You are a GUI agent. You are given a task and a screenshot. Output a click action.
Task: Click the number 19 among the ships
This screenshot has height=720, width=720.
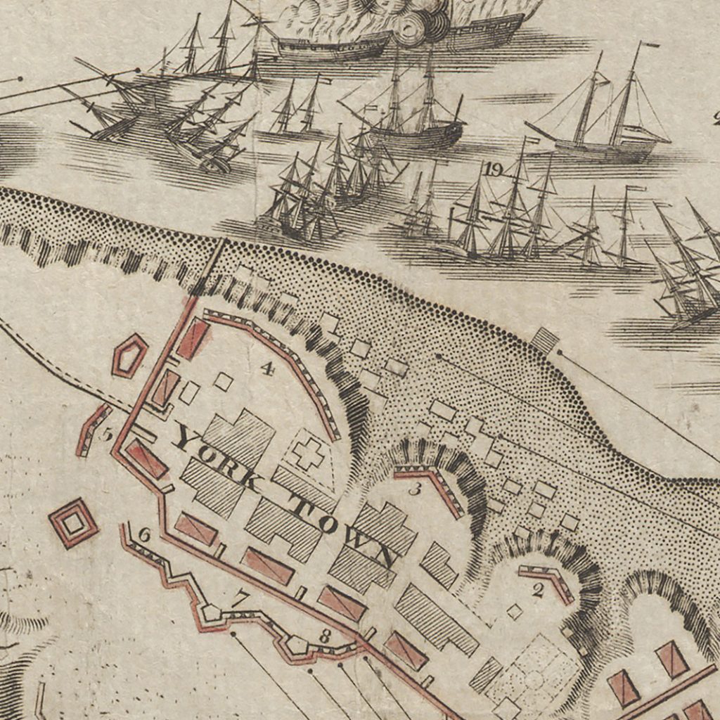(493, 169)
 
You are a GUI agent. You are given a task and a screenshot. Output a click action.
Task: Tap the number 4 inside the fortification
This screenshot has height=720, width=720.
(266, 367)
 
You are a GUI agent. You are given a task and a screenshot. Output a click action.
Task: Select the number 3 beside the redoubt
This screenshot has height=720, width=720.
(415, 489)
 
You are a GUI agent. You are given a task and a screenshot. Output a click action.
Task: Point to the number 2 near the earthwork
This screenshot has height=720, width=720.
(538, 591)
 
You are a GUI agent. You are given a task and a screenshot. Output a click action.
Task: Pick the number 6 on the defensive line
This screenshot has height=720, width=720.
(144, 534)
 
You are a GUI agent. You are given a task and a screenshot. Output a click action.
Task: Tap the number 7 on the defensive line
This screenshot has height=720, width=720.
(241, 599)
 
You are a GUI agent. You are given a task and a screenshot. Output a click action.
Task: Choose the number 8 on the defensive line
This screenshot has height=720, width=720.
(325, 636)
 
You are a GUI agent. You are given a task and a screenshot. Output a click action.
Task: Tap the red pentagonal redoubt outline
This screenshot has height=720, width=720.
(130, 355)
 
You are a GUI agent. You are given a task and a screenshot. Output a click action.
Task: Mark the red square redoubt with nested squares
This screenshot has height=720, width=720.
(73, 523)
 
